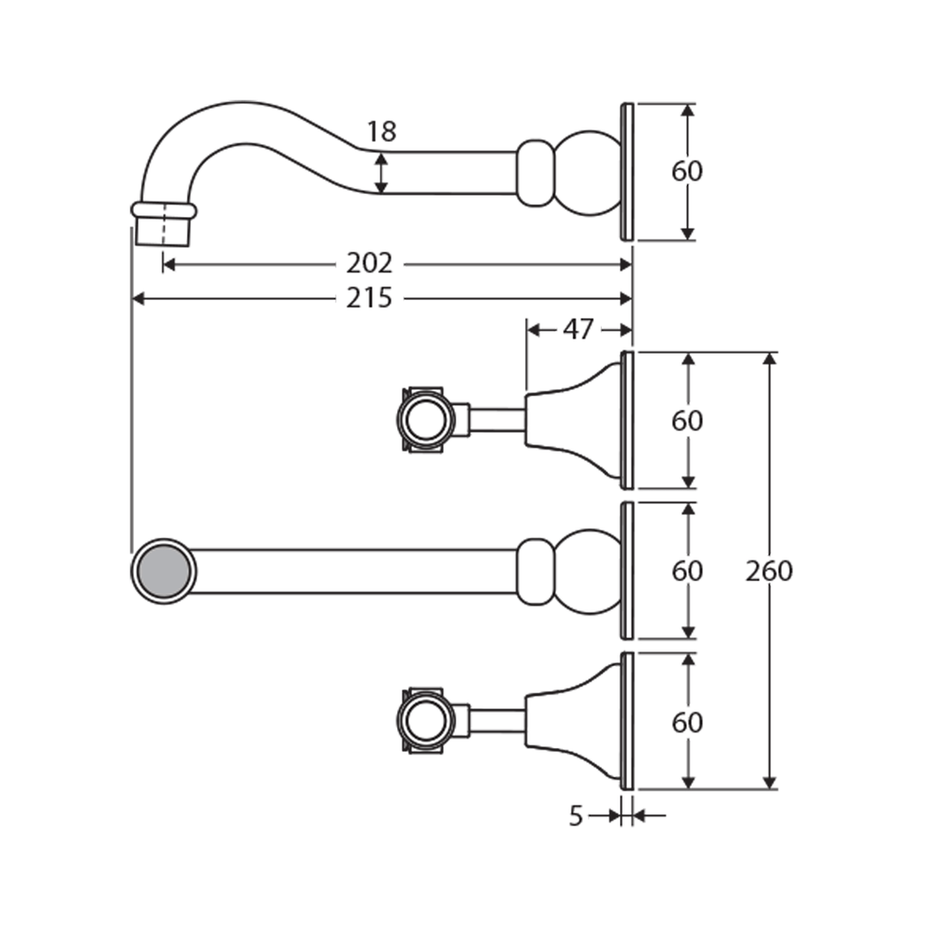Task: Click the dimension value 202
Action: (x=369, y=263)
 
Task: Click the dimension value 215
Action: (x=369, y=298)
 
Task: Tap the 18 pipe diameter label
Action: (x=381, y=132)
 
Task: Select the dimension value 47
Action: (x=579, y=329)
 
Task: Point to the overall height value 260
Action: (x=769, y=571)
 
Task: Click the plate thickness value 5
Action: (x=577, y=816)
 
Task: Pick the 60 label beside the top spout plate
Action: (x=688, y=171)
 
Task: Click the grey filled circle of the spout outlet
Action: (x=163, y=571)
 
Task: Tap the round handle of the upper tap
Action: (x=425, y=420)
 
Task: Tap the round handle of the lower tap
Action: (x=425, y=720)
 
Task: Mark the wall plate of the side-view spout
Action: (x=627, y=172)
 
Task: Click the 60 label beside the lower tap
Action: (x=688, y=721)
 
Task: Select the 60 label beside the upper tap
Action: (x=688, y=421)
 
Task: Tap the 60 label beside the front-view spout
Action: (x=688, y=571)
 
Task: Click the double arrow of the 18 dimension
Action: (x=381, y=173)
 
